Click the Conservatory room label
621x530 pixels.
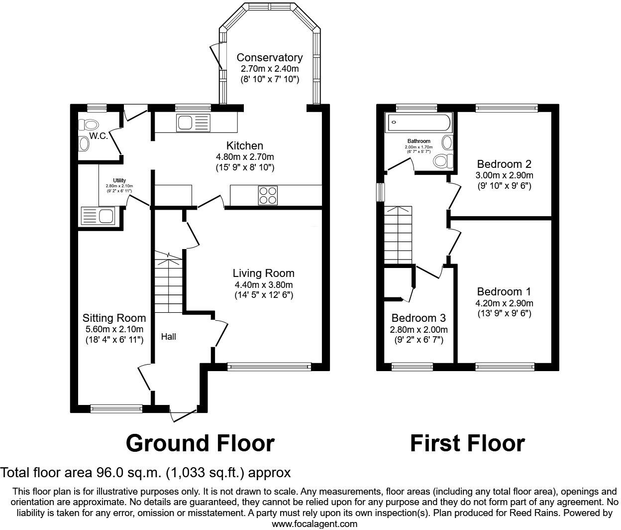[269, 58]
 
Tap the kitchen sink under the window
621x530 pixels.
[194, 123]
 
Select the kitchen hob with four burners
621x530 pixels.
[268, 195]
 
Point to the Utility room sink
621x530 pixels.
[98, 216]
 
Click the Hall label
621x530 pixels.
[168, 337]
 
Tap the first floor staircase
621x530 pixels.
[398, 235]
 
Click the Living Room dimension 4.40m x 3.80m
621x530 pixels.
[264, 285]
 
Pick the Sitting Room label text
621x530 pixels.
[114, 318]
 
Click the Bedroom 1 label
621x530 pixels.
[504, 292]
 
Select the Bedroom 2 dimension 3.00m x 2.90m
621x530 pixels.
[504, 175]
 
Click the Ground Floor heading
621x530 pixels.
[200, 443]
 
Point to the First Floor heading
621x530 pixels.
[467, 443]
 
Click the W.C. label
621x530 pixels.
[99, 136]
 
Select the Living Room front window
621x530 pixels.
[269, 367]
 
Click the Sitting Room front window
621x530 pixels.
[116, 408]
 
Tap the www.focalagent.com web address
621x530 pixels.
[314, 524]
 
